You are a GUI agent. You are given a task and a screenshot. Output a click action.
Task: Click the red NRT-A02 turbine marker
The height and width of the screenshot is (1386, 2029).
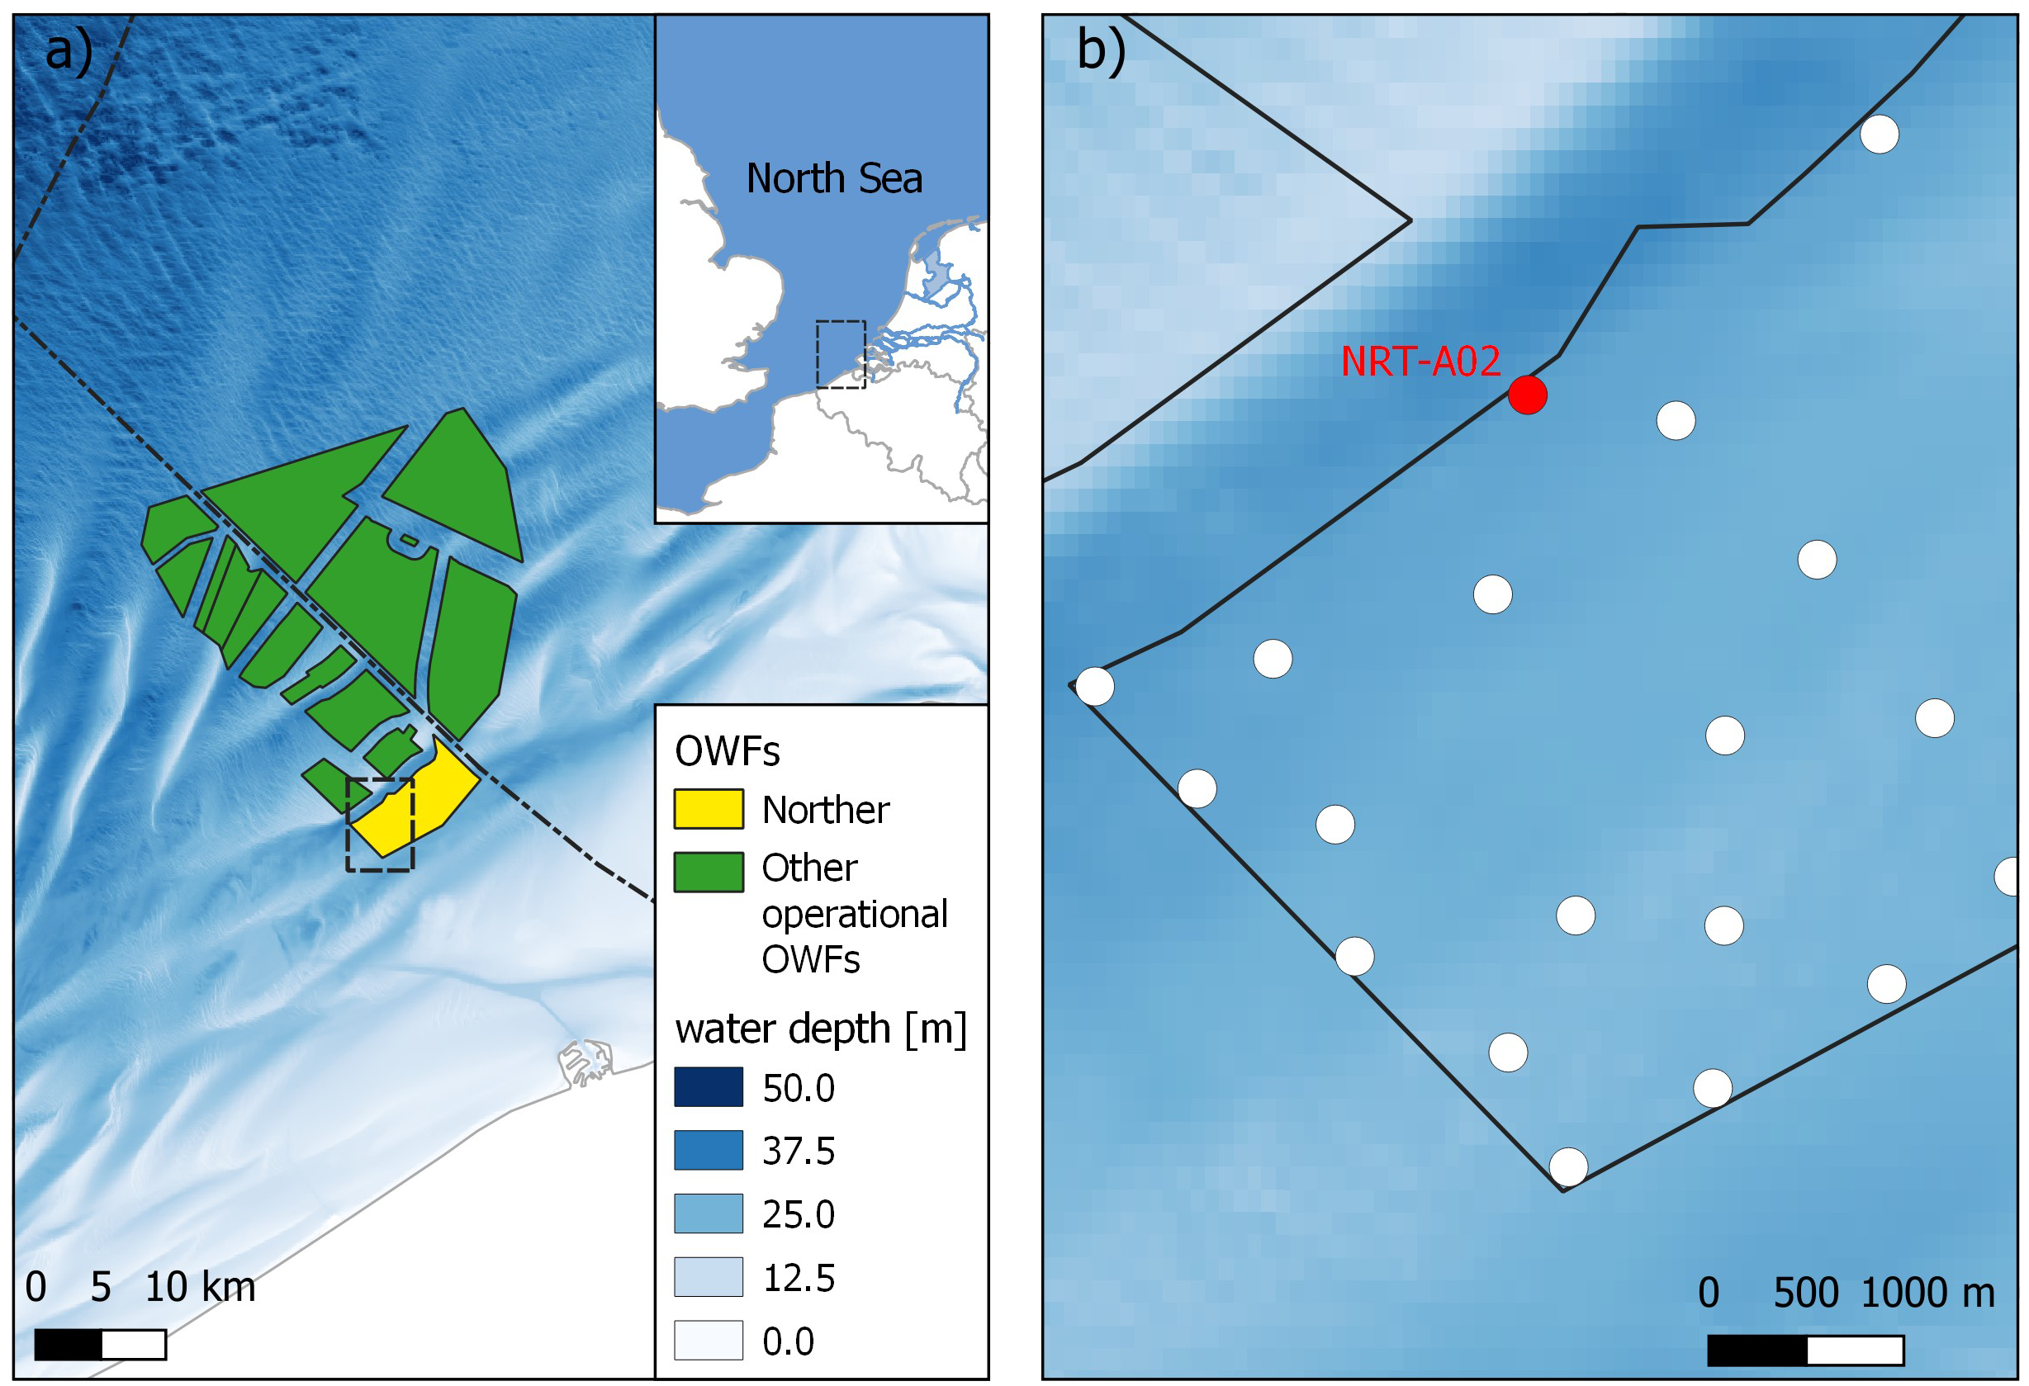tap(1527, 395)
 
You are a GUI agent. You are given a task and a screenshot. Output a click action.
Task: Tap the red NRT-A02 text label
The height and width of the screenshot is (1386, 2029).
tap(1420, 362)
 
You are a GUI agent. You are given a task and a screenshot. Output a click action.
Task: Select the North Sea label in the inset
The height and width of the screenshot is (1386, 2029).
tap(834, 179)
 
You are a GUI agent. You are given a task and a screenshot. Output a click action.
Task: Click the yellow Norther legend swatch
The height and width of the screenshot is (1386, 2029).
tap(708, 809)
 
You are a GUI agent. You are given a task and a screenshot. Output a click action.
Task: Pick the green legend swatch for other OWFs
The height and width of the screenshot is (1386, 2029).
tap(708, 872)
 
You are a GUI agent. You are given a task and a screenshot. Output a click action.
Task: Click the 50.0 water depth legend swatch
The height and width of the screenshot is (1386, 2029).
tap(708, 1087)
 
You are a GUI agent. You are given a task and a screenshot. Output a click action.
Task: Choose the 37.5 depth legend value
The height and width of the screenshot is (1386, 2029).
tap(798, 1152)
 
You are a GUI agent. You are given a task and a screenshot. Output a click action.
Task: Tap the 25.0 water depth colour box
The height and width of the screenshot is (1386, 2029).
tap(708, 1213)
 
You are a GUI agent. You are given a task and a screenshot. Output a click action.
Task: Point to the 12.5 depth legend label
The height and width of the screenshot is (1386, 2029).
tap(798, 1278)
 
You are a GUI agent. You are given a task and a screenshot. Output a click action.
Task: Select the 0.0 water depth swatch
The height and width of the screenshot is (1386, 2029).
tap(708, 1340)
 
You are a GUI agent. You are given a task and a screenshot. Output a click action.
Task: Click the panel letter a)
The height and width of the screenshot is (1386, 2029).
tap(68, 50)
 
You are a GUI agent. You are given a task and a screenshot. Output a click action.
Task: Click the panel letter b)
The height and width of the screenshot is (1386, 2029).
tap(1100, 50)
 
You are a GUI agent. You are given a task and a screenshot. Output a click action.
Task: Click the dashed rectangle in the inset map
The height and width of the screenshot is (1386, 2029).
tap(840, 354)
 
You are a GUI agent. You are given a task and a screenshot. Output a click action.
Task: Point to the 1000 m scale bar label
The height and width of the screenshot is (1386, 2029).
tap(1927, 1293)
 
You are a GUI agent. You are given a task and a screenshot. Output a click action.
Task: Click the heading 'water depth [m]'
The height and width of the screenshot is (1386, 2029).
tap(820, 1029)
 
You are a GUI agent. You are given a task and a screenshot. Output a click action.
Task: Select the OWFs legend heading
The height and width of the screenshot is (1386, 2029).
tap(727, 751)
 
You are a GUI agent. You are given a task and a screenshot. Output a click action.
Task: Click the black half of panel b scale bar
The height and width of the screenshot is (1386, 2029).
tap(1756, 1351)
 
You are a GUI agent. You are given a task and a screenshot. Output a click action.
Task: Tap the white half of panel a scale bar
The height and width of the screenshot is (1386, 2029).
tap(133, 1345)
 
